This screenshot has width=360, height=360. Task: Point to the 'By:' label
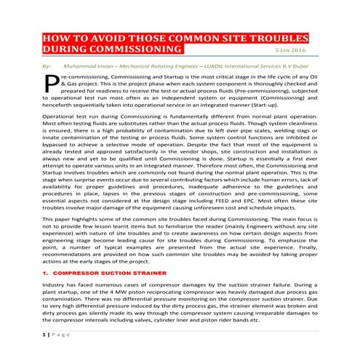[47, 65]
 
